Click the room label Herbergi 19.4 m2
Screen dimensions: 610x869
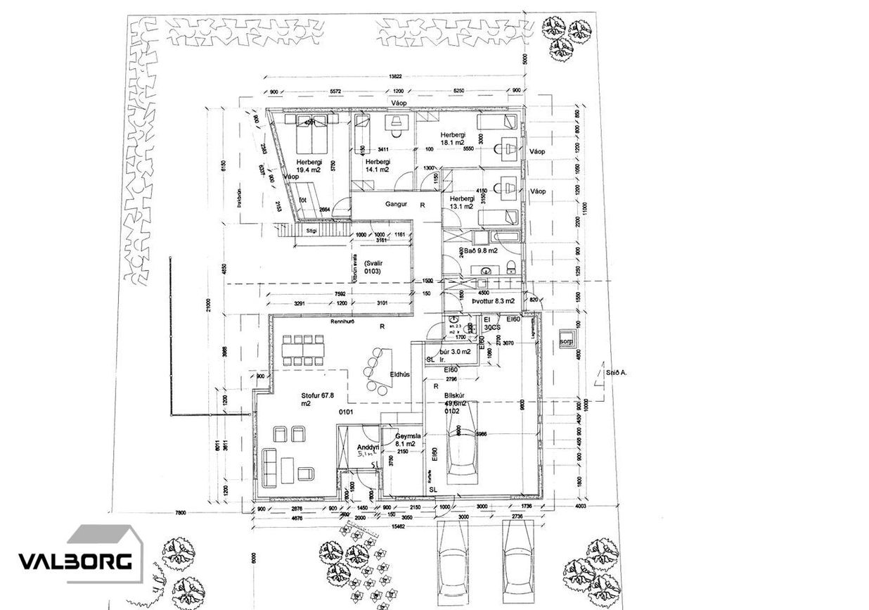[x=309, y=165]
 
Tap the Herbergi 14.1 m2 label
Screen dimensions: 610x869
[x=378, y=165]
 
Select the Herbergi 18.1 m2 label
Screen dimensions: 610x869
[x=453, y=139]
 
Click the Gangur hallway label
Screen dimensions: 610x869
[x=397, y=205]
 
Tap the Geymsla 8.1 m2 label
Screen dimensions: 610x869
[x=407, y=440]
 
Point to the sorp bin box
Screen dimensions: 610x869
[x=567, y=343]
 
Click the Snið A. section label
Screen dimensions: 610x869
[x=615, y=374]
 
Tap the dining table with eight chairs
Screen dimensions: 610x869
[x=303, y=348]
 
